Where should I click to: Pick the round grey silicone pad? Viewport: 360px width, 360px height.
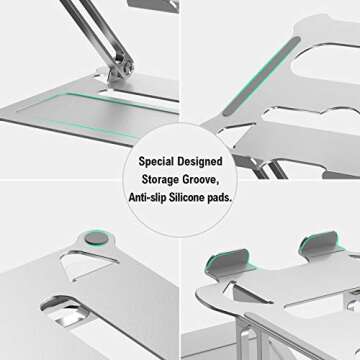(x=94, y=239)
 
